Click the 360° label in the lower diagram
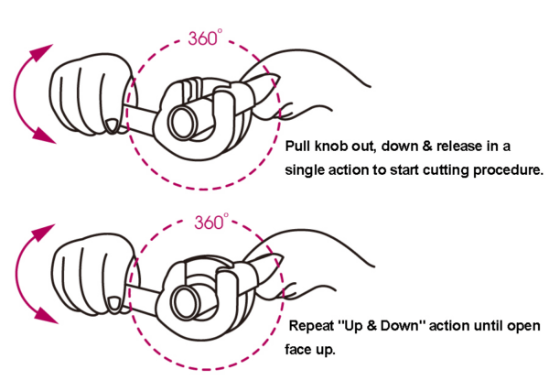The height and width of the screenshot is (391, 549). [211, 222]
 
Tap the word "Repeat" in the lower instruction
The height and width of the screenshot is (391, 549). [314, 326]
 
